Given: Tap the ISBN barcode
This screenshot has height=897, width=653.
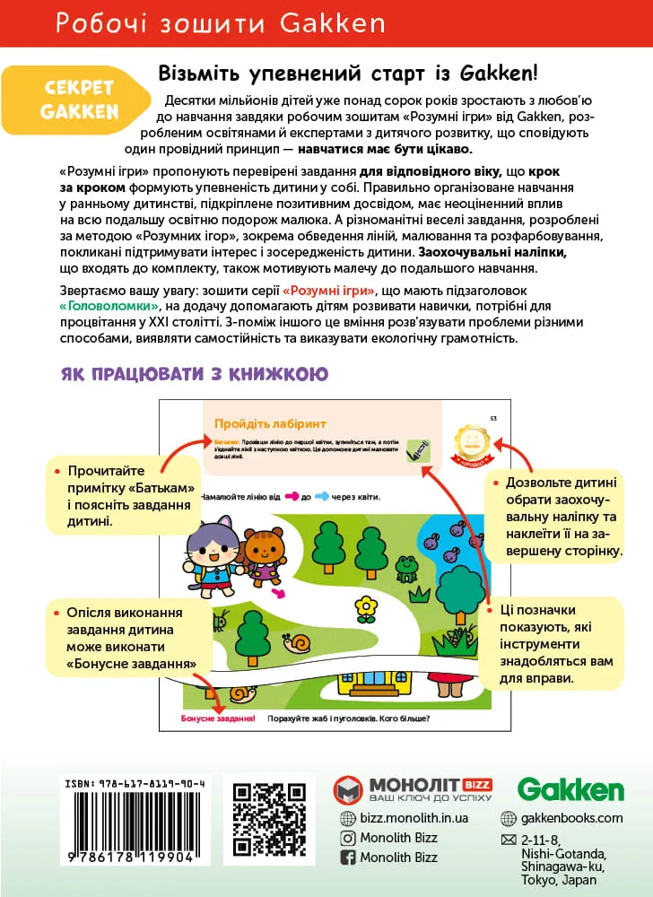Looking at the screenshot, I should tap(134, 821).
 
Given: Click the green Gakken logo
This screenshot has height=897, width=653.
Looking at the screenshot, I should tap(570, 788).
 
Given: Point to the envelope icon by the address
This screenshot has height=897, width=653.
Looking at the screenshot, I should tap(508, 840).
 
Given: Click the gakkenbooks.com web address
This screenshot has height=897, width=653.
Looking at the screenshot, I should tap(571, 818).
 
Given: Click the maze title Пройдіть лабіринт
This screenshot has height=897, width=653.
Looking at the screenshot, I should tap(270, 423).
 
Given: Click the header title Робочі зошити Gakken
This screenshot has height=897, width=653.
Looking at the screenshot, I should tap(220, 22).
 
